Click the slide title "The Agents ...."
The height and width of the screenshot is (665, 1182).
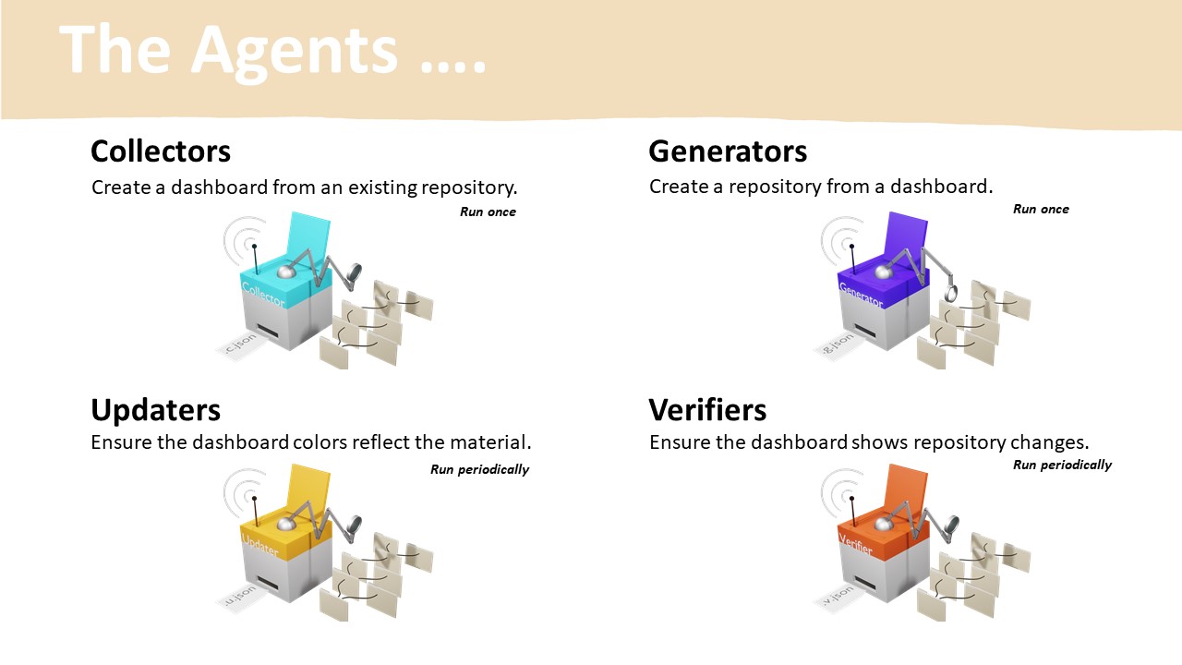point(273,50)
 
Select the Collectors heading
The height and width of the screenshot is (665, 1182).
point(161,151)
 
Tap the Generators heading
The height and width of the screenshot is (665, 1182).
point(728,151)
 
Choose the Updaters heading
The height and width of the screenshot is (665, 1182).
point(155,409)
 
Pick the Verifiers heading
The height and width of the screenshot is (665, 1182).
point(707,409)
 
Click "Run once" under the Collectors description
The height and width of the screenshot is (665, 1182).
point(488,212)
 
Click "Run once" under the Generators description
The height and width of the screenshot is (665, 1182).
point(1041,210)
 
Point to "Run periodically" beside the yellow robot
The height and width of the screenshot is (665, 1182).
point(479,469)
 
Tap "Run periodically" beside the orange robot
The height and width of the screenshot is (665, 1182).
point(1062,465)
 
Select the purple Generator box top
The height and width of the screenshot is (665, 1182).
point(874,281)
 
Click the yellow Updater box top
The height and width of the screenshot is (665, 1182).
point(277,535)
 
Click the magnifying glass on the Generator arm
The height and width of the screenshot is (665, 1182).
point(952,295)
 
